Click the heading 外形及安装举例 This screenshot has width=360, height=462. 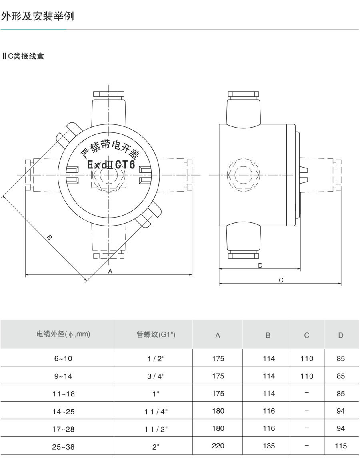38,16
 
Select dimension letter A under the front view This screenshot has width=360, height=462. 110,271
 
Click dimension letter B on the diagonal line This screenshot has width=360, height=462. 49,237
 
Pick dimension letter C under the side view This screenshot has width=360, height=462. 281,280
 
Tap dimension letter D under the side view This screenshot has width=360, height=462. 260,265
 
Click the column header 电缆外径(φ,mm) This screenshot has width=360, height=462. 63,334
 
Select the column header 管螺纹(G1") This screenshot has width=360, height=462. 156,334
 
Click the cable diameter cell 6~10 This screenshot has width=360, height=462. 63,359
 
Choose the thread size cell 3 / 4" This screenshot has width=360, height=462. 156,376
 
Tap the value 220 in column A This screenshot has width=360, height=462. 218,446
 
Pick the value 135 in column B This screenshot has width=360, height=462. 269,446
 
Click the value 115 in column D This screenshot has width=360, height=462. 341,446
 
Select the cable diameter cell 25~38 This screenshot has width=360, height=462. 63,447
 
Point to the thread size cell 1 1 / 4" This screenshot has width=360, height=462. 156,411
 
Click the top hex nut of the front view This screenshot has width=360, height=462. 109,95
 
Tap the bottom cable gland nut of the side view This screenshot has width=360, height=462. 244,255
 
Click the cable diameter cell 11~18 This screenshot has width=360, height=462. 63,394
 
